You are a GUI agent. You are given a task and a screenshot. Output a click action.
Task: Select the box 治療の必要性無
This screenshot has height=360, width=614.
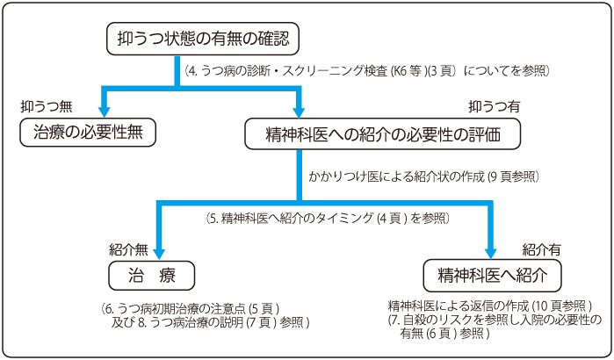(88, 133)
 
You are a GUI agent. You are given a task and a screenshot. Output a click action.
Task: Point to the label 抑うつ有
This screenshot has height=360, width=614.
(494, 105)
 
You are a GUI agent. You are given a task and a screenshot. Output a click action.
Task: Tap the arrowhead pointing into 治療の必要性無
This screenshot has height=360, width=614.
(105, 111)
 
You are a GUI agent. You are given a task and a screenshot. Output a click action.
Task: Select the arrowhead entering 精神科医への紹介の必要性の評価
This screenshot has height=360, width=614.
(299, 111)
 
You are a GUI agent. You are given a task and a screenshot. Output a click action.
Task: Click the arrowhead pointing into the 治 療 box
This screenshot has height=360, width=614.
(160, 253)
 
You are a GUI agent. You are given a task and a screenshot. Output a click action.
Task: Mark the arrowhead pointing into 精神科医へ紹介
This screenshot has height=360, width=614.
(491, 253)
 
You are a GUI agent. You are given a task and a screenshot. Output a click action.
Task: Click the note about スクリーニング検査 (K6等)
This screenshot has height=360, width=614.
(366, 68)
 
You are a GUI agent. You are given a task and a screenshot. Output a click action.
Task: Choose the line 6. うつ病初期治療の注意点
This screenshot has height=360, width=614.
(191, 308)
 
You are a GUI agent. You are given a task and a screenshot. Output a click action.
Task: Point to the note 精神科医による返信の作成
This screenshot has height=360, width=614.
(490, 306)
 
